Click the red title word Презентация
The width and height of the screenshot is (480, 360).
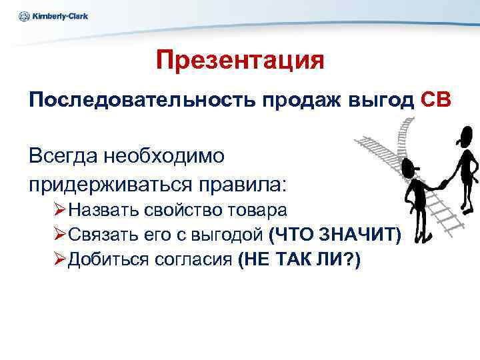(240, 61)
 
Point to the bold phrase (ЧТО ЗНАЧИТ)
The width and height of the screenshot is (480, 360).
(335, 235)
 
